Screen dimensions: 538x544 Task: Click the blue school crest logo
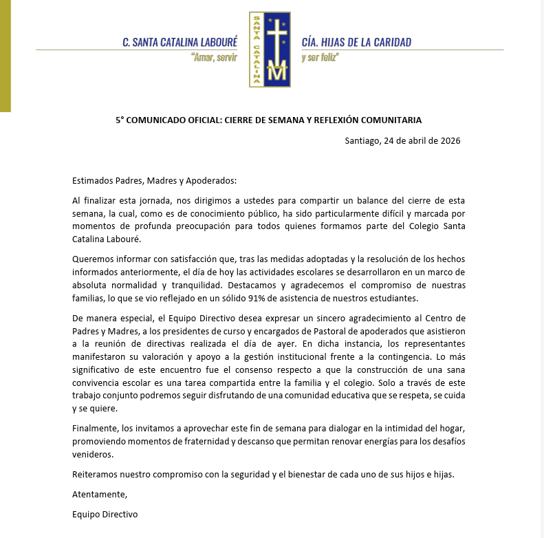(x=270, y=50)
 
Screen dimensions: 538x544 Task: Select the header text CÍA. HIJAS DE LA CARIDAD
(x=356, y=42)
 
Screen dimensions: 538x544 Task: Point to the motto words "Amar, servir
(x=214, y=58)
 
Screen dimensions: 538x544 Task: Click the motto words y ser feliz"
(x=320, y=58)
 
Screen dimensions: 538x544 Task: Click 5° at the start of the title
(x=120, y=120)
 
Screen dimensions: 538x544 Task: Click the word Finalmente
(x=95, y=427)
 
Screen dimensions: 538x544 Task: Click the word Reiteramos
(x=96, y=474)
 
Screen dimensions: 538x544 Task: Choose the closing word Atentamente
(x=99, y=494)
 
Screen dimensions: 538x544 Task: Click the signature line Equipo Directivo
(x=105, y=514)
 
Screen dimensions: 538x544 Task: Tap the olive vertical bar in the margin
(x=5, y=55)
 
